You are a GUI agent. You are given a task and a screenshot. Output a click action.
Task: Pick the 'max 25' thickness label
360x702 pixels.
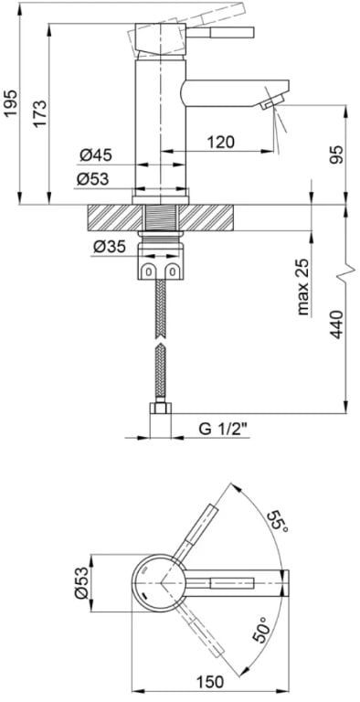click(x=303, y=286)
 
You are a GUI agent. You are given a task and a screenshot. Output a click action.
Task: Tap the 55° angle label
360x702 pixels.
click(x=277, y=524)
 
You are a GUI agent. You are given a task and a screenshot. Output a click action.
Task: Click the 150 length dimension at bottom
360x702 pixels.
click(x=211, y=682)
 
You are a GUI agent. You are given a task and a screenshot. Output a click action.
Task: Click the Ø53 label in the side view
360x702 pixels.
click(x=94, y=179)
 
